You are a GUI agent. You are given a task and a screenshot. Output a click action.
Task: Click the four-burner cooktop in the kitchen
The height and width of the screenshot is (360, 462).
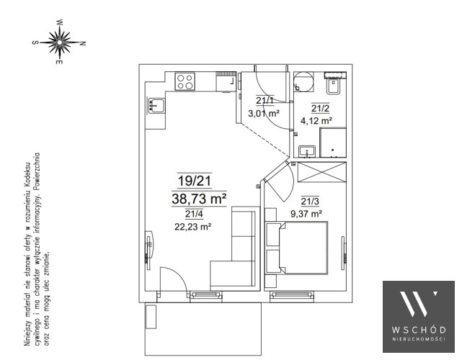pos(185,81)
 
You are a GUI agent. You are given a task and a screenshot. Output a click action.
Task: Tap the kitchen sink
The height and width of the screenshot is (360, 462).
pos(156,105)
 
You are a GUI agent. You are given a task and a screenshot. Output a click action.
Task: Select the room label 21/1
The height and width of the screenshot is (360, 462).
pos(265,101)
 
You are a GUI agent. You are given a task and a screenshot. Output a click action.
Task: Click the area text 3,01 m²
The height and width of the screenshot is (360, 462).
pos(263,113)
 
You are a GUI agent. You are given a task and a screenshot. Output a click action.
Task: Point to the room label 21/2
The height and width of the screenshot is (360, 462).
pos(320,108)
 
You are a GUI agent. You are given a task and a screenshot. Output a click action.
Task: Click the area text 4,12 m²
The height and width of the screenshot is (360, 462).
pos(316,120)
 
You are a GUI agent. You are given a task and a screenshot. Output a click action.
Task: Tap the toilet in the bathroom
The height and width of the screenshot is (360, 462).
pos(334,84)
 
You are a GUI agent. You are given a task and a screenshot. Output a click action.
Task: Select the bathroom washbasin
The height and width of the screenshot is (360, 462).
pos(307,151)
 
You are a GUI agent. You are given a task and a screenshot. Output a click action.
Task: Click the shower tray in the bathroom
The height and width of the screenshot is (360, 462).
pos(333,143)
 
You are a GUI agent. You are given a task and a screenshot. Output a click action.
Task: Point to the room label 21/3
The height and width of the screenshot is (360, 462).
pos(310,202)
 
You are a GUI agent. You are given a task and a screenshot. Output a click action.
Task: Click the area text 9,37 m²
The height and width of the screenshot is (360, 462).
pos(306,213)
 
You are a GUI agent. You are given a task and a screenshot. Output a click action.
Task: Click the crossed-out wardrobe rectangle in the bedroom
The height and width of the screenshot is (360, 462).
pos(321,172)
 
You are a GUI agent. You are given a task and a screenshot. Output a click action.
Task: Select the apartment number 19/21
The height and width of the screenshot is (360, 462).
pos(195,181)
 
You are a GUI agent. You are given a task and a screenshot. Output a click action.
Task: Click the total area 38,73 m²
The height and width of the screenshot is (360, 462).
pos(199,199)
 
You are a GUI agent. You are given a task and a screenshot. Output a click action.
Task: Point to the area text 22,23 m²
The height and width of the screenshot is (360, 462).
pos(193,227)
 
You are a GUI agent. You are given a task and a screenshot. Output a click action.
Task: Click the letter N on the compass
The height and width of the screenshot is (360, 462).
pos(83,43)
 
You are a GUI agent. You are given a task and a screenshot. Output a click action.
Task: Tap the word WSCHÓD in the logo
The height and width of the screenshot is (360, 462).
pos(418,329)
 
